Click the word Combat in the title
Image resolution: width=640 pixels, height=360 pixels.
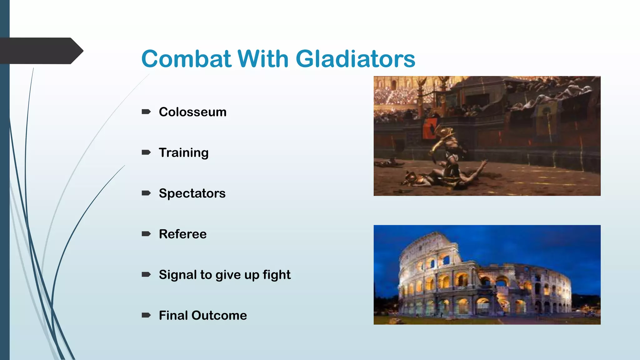point(186,59)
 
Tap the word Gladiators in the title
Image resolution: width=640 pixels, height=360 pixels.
point(355,59)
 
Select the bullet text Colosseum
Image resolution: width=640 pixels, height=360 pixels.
point(192,112)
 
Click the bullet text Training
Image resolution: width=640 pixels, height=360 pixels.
point(183,153)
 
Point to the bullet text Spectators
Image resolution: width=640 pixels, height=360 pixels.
point(192,193)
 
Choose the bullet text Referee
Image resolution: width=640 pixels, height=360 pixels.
point(182,234)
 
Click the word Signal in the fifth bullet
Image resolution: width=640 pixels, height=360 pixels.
point(177,275)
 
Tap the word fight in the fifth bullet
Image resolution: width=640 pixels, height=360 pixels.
point(277,275)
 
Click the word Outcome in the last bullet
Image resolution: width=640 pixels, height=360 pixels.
point(219,315)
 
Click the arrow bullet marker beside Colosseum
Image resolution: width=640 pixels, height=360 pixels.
point(146,112)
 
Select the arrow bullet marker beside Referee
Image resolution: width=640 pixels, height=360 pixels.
point(146,234)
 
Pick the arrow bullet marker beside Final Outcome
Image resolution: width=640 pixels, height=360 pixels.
point(146,315)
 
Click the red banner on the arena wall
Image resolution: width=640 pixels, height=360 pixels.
point(430,128)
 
